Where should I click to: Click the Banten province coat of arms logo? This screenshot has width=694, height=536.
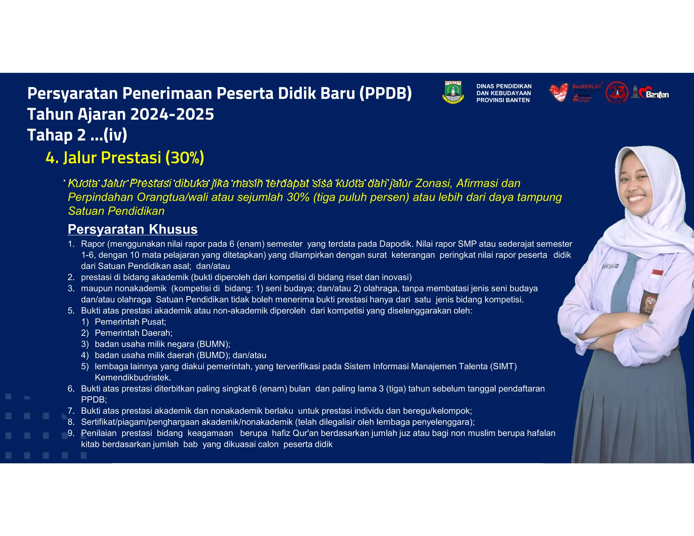[453, 92]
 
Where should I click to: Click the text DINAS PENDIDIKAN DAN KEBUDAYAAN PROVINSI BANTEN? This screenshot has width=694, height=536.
[504, 93]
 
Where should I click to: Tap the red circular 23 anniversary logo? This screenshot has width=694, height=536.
[617, 92]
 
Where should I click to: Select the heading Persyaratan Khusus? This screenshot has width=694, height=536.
[132, 229]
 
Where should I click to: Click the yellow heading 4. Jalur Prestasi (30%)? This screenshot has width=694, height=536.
[125, 158]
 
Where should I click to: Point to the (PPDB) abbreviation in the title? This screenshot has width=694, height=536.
[385, 94]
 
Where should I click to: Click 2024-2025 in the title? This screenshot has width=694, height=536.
[172, 114]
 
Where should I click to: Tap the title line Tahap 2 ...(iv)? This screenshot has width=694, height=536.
[77, 135]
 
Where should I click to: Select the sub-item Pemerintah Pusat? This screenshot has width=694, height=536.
[130, 322]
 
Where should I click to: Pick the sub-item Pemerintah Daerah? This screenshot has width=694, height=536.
[134, 333]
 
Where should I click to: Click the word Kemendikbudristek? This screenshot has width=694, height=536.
[133, 377]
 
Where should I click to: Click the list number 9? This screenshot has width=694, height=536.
[71, 433]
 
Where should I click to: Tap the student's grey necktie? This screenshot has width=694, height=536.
[624, 281]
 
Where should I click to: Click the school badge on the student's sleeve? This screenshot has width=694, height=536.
[648, 302]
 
